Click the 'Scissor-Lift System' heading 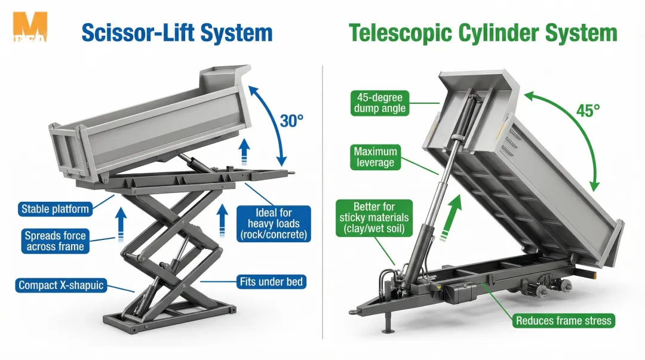[177, 32]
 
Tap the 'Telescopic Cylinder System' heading [483, 32]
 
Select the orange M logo [30, 27]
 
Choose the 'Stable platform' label [55, 209]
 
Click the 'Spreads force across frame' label [54, 241]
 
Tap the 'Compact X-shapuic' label [61, 285]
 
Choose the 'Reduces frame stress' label [563, 321]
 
